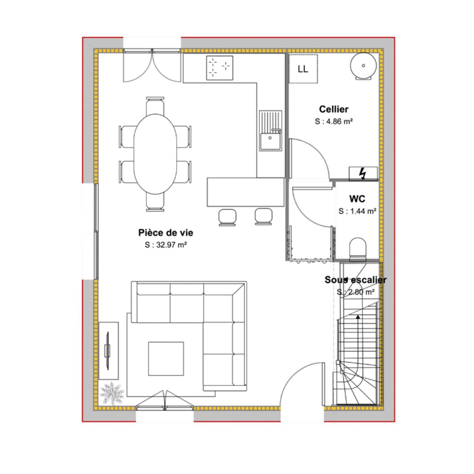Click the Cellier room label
point(334,109)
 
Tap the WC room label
point(357,199)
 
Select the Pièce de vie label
point(166,233)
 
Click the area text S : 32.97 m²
point(166,245)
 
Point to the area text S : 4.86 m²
point(334,122)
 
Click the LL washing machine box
point(303,69)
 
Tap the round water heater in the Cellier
point(363,66)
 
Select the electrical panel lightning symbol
point(363,174)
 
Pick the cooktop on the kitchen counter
point(220,68)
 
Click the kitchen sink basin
point(270,141)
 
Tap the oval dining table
point(155,154)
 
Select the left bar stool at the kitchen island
point(227,217)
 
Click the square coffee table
point(166,359)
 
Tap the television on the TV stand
point(107,351)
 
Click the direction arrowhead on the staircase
point(358,317)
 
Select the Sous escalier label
point(355,280)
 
